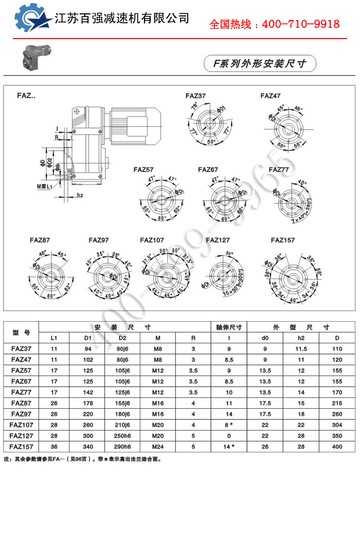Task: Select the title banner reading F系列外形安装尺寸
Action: [x=260, y=64]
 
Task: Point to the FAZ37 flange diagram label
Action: [x=195, y=96]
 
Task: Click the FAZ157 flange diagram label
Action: [x=283, y=240]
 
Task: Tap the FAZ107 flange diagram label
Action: [x=152, y=240]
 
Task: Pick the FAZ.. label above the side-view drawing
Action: [x=26, y=96]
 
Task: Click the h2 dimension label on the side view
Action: [x=80, y=195]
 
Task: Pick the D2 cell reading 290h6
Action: [x=122, y=447]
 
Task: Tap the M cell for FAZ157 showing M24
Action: [x=158, y=447]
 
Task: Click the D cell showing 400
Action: [x=337, y=447]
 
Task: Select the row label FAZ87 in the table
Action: [x=21, y=404]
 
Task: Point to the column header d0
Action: [x=265, y=338]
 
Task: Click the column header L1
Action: [x=54, y=338]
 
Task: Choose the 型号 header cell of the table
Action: [x=21, y=333]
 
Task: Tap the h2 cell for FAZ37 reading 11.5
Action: [x=301, y=350]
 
